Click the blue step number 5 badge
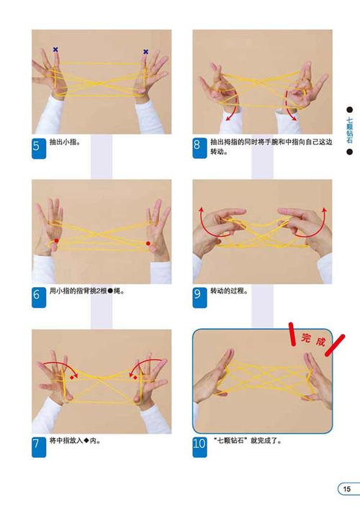(39, 148)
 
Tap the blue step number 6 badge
(39, 297)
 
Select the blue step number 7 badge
(39, 447)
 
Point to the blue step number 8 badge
(199, 148)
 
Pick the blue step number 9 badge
(199, 297)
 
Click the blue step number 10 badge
(199, 447)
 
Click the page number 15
(347, 489)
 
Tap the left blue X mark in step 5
(55, 50)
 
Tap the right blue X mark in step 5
(145, 52)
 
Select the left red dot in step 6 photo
(56, 241)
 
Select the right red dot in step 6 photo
(148, 243)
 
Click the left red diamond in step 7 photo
(71, 378)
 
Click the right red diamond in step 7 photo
(135, 378)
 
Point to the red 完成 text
(313, 340)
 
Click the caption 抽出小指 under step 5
(65, 142)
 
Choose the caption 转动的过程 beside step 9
(229, 291)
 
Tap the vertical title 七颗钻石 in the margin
(349, 130)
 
